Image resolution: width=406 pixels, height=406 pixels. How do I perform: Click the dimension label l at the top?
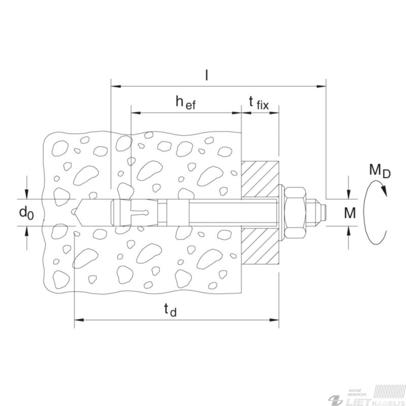pos(207,75)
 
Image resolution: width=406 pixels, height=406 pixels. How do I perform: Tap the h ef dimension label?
pos(186,103)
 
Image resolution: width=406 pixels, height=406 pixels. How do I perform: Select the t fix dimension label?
pos(259,103)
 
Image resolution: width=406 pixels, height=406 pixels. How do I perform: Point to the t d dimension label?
pos(171,310)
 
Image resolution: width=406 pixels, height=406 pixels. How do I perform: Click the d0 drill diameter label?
pos(26,213)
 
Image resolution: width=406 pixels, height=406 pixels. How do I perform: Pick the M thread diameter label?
pos(350,213)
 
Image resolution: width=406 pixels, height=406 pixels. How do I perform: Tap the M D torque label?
pos(380,171)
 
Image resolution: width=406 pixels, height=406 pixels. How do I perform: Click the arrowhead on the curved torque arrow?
pos(384,190)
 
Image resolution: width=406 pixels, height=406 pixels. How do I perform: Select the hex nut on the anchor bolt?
pos(295,213)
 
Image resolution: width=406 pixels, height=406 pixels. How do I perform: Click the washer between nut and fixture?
pos(281,213)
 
